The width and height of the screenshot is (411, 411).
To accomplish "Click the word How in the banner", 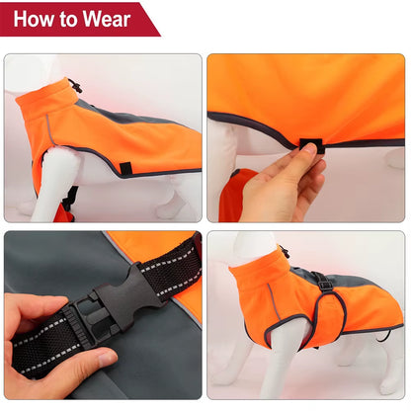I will [x=40, y=19].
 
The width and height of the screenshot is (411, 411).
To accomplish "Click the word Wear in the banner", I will [x=108, y=19].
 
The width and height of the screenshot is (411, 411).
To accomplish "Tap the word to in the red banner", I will [x=74, y=19].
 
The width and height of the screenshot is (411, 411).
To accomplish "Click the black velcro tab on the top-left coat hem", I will [x=126, y=169].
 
